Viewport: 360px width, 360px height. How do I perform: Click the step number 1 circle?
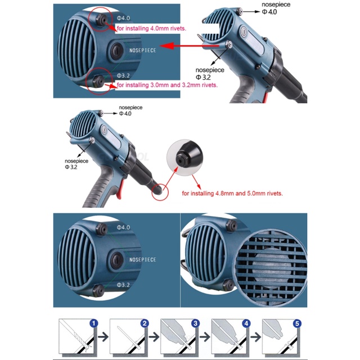coord(94,324)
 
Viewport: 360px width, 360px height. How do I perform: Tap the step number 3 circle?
coord(195,324)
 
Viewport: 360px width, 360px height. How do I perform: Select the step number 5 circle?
coord(297,324)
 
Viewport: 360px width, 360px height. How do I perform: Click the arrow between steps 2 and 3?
coord(154,337)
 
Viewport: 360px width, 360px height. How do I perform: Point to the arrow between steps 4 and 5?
coord(256,337)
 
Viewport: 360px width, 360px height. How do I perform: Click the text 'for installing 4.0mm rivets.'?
coord(151,29)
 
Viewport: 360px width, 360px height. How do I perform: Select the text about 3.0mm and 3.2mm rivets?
coord(167,85)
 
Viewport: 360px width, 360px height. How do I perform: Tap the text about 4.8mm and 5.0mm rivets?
coord(232,193)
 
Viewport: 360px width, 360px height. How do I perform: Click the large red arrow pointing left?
coord(189,46)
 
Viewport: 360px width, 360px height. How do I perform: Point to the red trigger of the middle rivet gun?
coord(120,190)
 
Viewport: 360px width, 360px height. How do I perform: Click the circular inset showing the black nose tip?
coord(184,157)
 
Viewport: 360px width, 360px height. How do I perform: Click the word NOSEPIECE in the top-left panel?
coord(142,51)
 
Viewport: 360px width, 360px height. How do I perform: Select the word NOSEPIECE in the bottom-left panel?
coord(142,260)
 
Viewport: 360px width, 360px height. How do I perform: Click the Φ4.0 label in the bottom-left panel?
coord(123,227)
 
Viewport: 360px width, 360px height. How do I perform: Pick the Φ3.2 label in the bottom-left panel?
coord(123,285)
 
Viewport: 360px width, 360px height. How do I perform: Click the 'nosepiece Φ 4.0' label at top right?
coord(276,8)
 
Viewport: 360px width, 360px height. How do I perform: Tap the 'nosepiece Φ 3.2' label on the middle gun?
coord(76,164)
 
